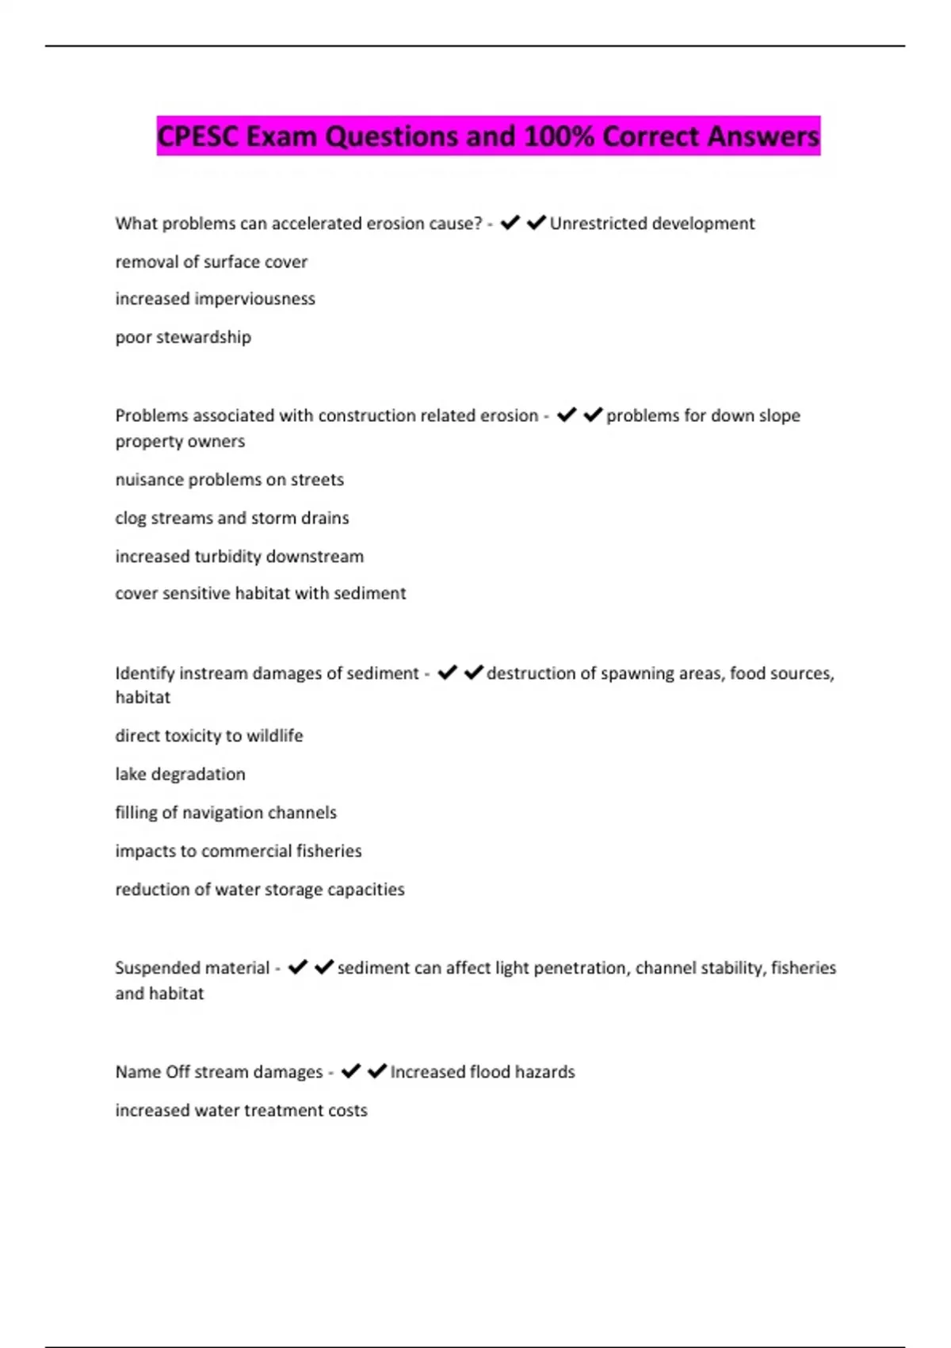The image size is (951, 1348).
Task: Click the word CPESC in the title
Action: pos(198,136)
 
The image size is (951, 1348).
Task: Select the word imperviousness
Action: pos(254,299)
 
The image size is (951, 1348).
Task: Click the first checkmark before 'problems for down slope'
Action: pos(567,415)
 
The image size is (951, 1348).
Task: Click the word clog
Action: pos(131,518)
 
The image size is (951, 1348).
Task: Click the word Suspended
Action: pos(193,968)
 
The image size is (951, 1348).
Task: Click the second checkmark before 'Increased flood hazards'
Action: pos(377,1071)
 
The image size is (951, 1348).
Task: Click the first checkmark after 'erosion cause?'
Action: pos(510,223)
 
